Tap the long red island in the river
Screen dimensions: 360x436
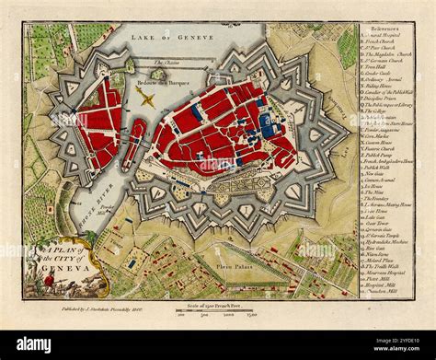tap(134, 143)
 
